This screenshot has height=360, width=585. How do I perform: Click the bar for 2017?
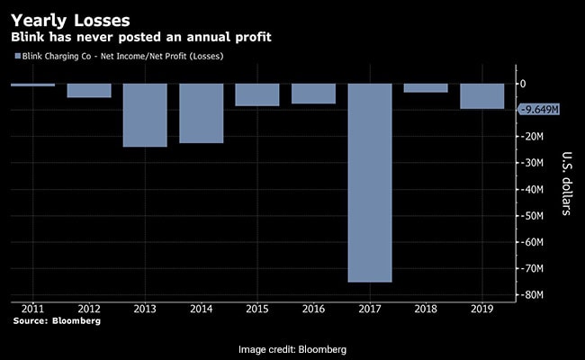click(369, 183)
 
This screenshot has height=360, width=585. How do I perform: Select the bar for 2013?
click(145, 115)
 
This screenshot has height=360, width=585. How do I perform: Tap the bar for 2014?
click(201, 113)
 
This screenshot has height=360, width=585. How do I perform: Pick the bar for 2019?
click(481, 96)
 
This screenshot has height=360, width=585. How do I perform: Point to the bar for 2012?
click(89, 91)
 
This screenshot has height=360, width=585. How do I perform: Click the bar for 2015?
click(257, 94)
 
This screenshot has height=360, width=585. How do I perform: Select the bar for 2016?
click(313, 94)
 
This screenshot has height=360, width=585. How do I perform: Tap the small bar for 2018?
click(426, 88)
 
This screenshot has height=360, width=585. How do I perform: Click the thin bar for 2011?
click(33, 85)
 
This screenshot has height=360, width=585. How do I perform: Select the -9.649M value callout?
click(541, 110)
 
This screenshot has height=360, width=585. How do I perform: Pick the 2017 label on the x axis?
click(369, 307)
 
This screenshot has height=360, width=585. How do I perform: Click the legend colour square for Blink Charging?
click(18, 57)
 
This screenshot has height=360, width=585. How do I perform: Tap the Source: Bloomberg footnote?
click(57, 320)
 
